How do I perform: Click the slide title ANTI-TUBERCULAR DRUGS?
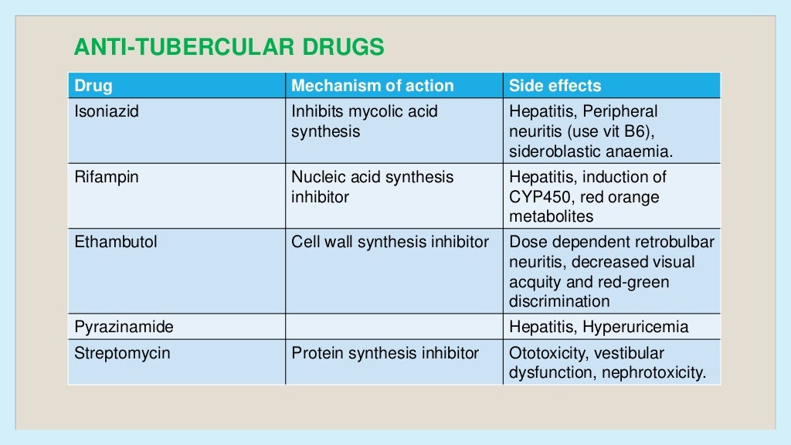pos(229,48)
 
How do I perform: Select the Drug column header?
pos(93,86)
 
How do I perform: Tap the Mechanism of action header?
pos(372,86)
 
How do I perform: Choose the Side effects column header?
pos(555,86)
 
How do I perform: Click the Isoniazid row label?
pos(107,111)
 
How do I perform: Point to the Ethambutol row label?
pos(115,242)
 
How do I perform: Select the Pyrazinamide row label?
pos(124,327)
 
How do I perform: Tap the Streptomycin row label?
pos(122,354)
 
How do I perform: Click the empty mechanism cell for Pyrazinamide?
pos(394,327)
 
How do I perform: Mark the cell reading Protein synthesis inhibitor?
pos(385,354)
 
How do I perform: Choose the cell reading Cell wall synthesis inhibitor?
pos(390,242)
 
